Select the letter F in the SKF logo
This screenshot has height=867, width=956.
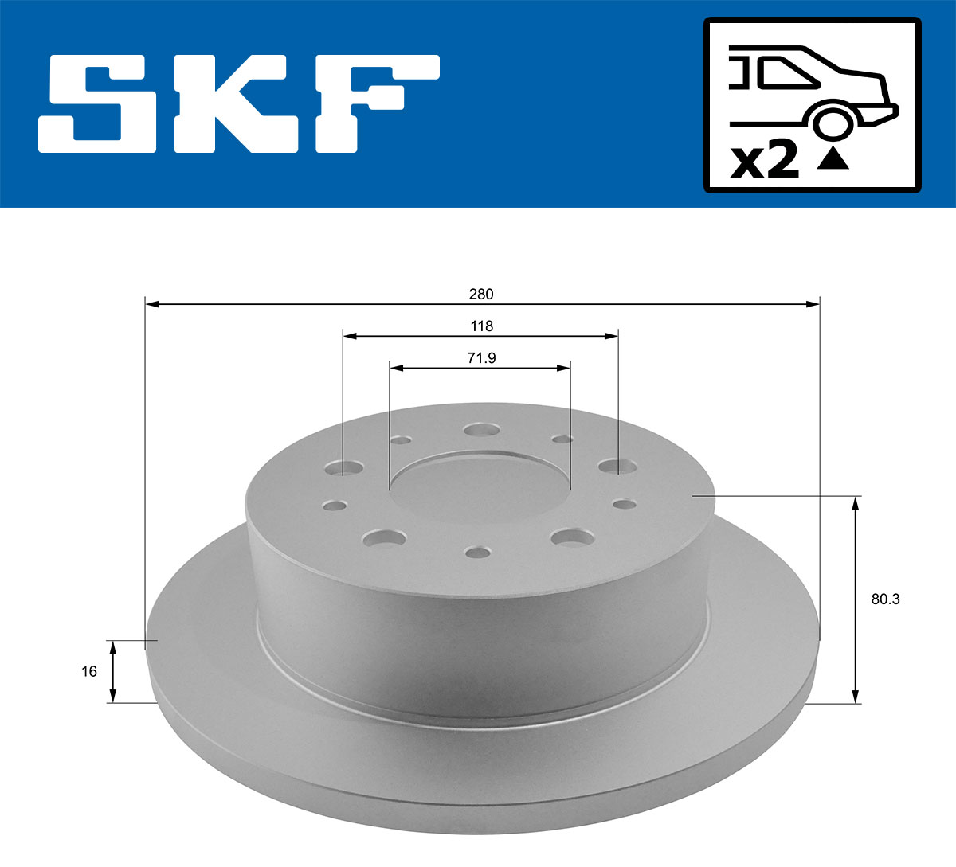point(374,103)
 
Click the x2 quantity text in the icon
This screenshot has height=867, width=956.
point(764,162)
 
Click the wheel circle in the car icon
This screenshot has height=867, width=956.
point(831,123)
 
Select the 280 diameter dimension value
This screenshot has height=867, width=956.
point(481,294)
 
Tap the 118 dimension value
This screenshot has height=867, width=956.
point(481,326)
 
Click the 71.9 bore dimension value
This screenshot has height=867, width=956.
point(481,358)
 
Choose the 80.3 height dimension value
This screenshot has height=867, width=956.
point(885,599)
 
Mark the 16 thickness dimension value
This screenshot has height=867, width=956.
point(89,671)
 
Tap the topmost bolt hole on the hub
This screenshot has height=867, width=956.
point(480,430)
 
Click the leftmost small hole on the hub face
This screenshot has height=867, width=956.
point(335,505)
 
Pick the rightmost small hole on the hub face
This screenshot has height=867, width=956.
point(625,503)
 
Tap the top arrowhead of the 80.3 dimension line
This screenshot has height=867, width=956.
point(856,502)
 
